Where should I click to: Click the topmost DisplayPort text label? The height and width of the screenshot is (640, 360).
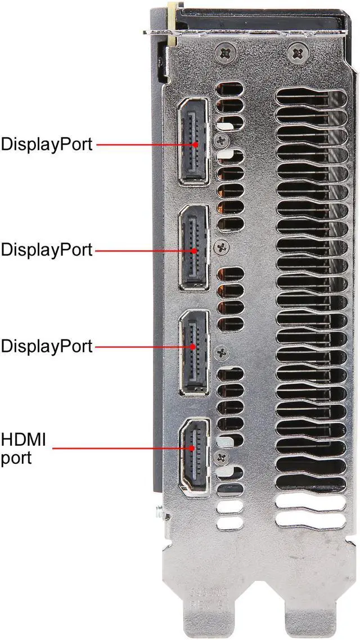coord(46,144)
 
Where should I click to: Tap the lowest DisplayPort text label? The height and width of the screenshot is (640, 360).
coord(46,346)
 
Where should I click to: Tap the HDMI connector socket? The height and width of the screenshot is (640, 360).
coord(194,454)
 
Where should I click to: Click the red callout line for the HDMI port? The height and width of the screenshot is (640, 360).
coord(124,449)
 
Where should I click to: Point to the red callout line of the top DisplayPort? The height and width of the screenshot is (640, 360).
coord(143,144)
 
